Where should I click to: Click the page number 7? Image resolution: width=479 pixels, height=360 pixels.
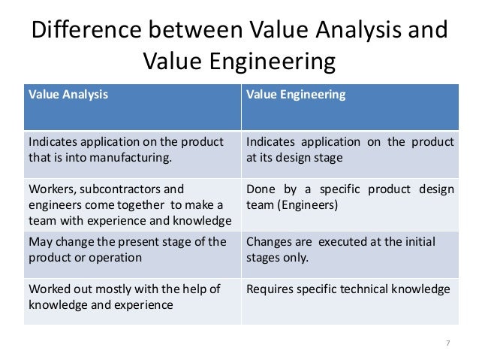(448, 343)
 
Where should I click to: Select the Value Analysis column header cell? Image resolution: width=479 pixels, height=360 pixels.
(132, 107)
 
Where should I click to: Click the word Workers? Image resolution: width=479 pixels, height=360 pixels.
(48, 189)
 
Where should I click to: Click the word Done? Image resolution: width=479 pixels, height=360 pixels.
(260, 189)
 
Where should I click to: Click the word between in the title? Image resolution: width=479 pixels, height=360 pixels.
(196, 32)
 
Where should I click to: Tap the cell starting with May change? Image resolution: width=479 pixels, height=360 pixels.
(132, 249)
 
